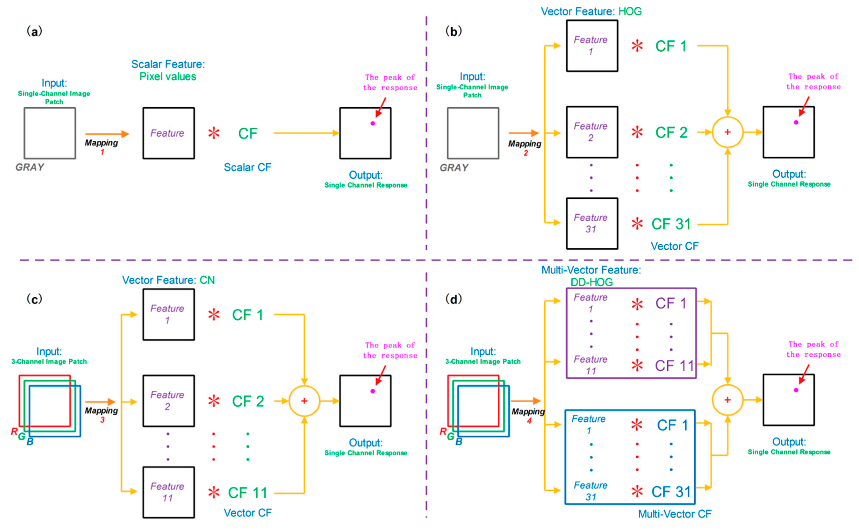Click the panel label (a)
34,32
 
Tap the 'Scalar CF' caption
247,167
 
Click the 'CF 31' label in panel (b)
670,224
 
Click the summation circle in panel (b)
727,132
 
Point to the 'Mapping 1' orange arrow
107,134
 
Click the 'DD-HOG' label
591,282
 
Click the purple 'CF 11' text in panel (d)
674,366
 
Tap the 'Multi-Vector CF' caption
674,514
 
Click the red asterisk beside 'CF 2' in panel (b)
637,132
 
